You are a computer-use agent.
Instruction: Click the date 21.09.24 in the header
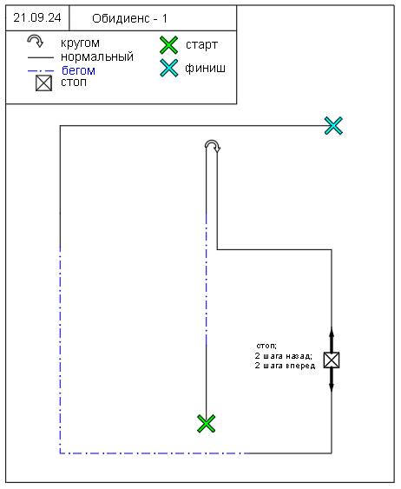coord(37,17)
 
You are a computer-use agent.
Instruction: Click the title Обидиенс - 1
coord(129,19)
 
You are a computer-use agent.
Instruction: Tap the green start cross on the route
coord(207,424)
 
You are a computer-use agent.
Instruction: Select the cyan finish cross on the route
coord(333,126)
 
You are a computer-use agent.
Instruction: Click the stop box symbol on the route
coord(332,360)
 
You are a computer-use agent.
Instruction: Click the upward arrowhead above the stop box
coord(332,332)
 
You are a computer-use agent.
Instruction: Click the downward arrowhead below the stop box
coord(332,387)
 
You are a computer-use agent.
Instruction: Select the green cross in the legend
coord(169,45)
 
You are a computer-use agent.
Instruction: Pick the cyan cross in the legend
coord(169,68)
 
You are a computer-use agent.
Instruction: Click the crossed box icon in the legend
coord(43,83)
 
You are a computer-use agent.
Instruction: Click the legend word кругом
coord(80,43)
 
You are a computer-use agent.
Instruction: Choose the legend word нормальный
coord(97,56)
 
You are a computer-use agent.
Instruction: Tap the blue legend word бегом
coord(78,70)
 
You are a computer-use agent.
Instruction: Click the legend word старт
coord(201,45)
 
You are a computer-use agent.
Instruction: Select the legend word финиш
coord(205,68)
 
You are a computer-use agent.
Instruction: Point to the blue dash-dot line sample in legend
coord(41,71)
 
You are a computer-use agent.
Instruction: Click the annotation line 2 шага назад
coord(284,356)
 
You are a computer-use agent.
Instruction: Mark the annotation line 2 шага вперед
coord(285,366)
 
